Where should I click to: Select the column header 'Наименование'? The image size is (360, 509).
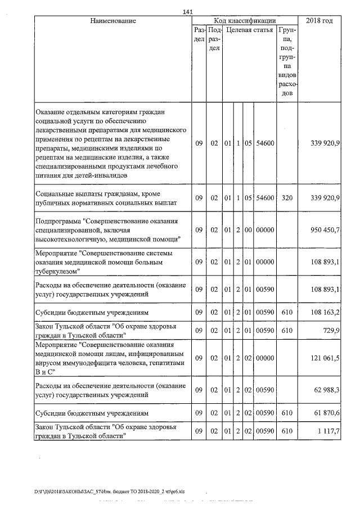point(113,21)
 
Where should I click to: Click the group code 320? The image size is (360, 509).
point(287,198)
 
